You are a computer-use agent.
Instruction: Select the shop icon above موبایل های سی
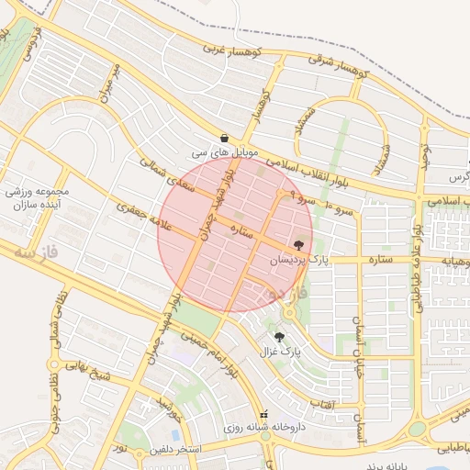[x=223, y=137]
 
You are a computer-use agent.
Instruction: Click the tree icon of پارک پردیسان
[x=298, y=245]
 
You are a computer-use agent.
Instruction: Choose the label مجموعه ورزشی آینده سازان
[x=38, y=198]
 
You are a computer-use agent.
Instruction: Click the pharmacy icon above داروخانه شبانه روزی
[x=266, y=414]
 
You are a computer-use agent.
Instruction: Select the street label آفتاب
[x=322, y=404]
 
